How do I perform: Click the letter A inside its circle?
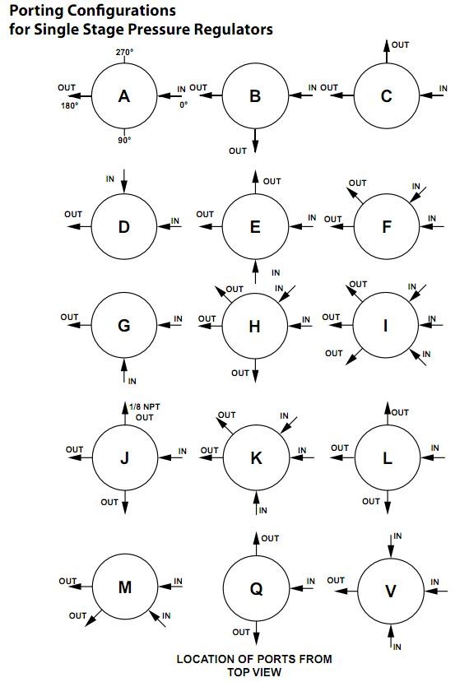point(124,96)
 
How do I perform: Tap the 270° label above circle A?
point(124,52)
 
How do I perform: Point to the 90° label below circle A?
point(124,140)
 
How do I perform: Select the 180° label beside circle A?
point(70,105)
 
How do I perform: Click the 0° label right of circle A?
point(183,104)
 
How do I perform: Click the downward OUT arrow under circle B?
point(255,141)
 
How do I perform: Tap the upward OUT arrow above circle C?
point(387,51)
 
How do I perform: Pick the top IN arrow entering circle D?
point(124,181)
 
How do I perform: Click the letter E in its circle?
point(255,226)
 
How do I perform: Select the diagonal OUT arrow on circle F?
point(355,196)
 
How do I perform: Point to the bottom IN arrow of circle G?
point(124,371)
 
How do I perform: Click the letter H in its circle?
point(254,327)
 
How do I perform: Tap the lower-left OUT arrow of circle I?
point(354,357)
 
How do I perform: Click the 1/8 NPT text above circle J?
point(145,406)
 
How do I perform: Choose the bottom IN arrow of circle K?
point(256,503)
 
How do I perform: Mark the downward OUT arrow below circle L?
point(388,502)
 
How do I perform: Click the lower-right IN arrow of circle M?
point(157,619)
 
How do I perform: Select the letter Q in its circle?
point(256,589)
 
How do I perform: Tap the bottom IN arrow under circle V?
point(391,636)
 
